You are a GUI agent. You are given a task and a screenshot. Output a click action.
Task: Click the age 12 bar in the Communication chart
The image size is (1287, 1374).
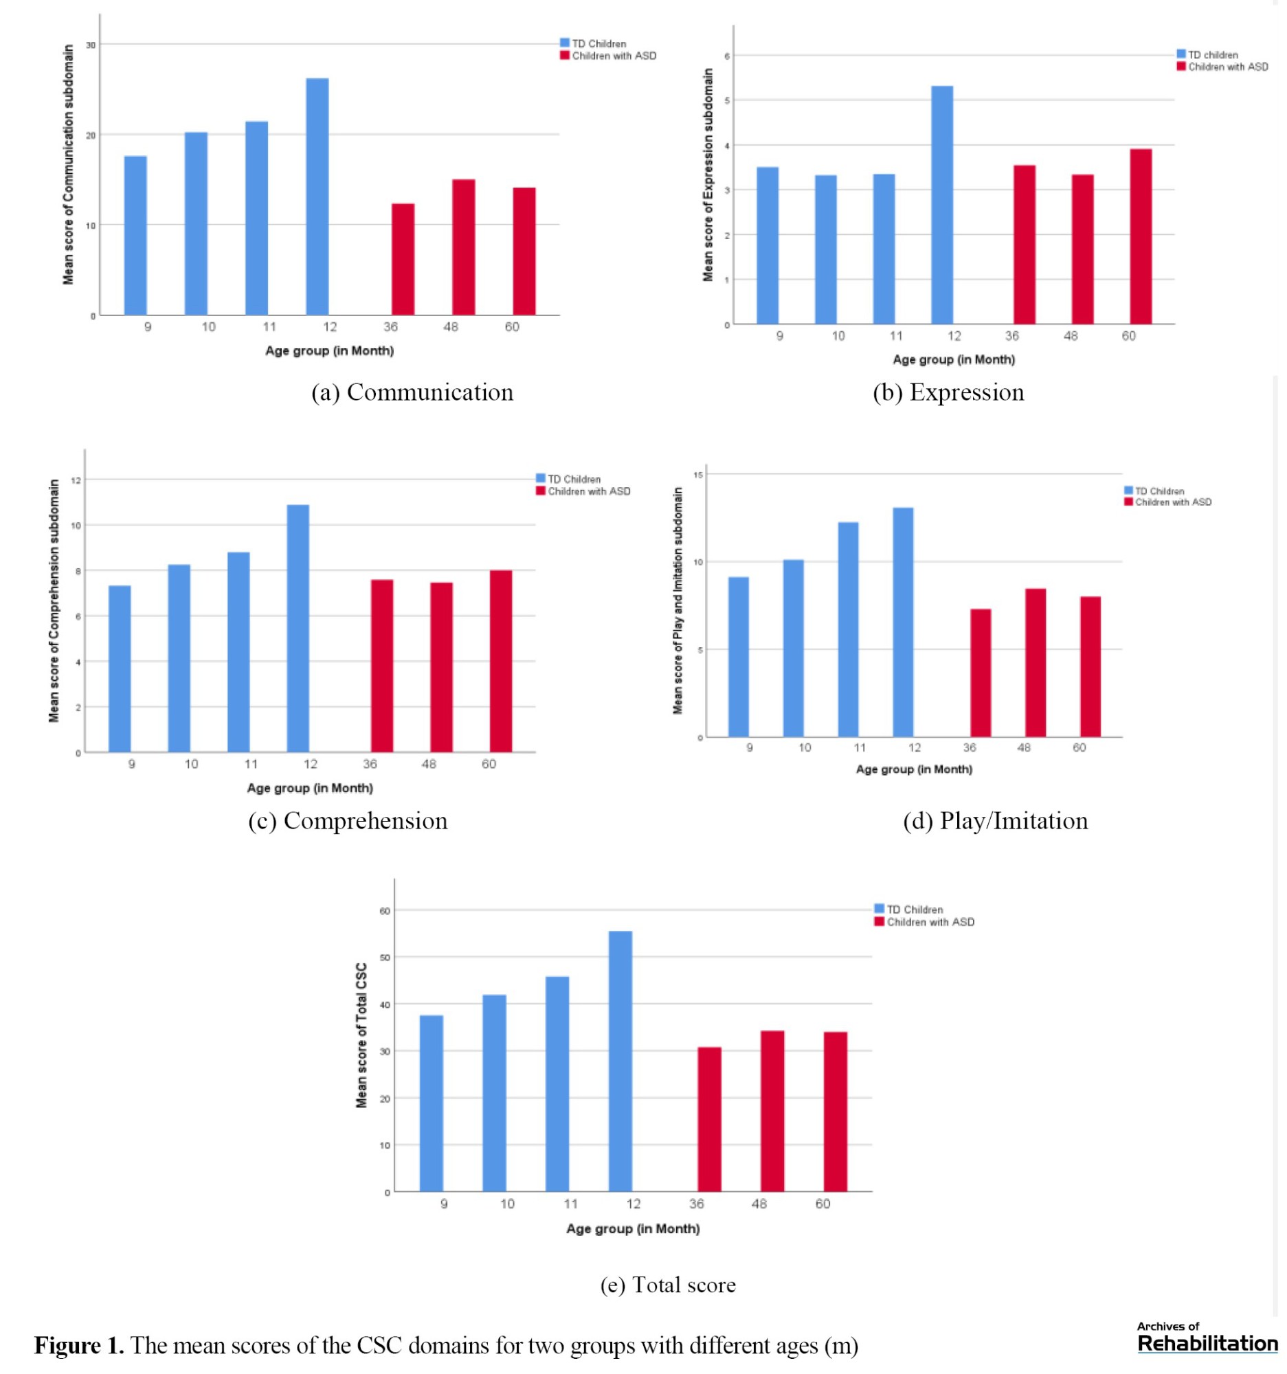click(x=317, y=197)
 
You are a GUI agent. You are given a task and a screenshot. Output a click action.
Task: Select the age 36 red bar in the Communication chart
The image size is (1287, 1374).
click(x=403, y=259)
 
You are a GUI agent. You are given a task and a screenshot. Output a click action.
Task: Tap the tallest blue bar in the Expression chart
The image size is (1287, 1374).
click(x=941, y=205)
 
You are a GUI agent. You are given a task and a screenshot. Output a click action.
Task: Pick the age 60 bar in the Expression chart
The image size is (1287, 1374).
click(x=1141, y=236)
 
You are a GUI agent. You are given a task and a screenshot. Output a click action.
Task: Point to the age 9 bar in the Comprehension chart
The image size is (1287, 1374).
click(x=120, y=669)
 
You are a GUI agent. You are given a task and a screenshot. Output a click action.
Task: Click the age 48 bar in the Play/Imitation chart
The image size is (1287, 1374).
click(x=1035, y=663)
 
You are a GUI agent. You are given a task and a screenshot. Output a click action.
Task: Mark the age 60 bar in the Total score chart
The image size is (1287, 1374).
click(x=835, y=1112)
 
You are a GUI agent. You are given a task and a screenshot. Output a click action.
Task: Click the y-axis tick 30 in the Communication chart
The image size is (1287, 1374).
click(x=91, y=45)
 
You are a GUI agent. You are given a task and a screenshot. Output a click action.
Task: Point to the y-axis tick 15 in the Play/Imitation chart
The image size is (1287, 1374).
click(x=698, y=475)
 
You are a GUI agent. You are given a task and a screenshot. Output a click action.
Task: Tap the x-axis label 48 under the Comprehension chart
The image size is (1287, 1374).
click(x=429, y=764)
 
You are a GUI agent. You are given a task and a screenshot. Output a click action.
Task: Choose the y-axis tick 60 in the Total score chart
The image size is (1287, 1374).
click(x=385, y=911)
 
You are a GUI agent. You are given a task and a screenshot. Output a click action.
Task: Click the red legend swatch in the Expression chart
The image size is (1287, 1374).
click(x=1181, y=67)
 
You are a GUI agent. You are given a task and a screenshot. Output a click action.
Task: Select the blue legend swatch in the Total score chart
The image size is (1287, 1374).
click(x=880, y=909)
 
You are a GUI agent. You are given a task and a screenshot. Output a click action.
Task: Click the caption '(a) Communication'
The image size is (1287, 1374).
click(x=412, y=392)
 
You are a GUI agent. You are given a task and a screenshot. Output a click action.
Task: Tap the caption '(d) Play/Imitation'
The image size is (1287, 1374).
click(x=996, y=821)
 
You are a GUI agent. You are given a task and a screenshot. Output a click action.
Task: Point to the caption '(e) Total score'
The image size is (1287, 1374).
click(x=668, y=1285)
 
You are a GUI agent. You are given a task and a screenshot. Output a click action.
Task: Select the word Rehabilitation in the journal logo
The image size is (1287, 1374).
click(x=1207, y=1344)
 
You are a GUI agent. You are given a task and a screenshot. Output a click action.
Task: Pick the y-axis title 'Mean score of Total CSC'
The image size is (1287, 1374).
click(x=361, y=1035)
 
